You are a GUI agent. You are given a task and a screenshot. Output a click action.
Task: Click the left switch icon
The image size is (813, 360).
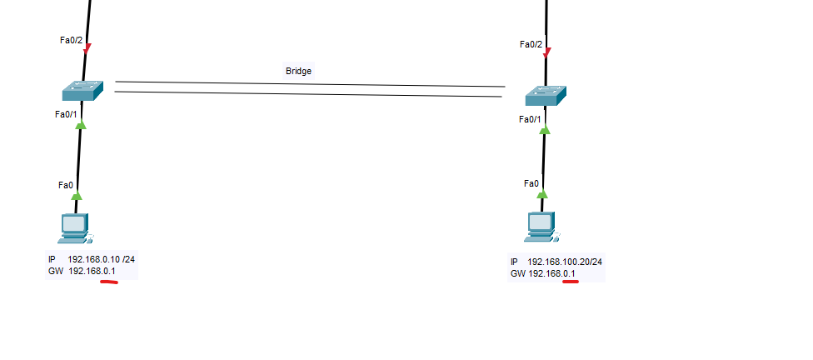coord(82,90)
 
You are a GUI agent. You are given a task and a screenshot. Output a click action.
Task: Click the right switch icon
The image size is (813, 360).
coord(546,96)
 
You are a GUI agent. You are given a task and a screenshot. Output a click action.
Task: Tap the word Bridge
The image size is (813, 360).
coord(298,72)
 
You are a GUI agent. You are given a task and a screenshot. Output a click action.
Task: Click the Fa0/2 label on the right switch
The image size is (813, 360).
coord(531,44)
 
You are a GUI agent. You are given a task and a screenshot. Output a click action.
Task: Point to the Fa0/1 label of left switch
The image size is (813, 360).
coord(67,114)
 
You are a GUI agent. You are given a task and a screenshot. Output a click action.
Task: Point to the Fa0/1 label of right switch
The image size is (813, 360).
coord(530,119)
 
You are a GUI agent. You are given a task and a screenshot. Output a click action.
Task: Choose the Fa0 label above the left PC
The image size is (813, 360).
coord(66,185)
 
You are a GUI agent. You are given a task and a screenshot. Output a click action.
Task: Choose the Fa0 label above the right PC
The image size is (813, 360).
coord(531,183)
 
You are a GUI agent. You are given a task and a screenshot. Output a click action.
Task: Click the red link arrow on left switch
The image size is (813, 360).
coord(87,47)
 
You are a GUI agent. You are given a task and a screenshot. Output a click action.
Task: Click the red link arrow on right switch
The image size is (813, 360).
coord(546,53)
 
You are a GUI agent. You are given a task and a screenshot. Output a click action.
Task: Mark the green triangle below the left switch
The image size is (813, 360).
coord(81,125)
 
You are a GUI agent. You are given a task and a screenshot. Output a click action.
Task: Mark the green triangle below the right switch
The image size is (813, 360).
coord(545,129)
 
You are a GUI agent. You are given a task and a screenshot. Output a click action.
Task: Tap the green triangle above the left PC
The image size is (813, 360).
coord(77,196)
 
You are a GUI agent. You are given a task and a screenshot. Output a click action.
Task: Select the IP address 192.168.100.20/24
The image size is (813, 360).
coord(565,262)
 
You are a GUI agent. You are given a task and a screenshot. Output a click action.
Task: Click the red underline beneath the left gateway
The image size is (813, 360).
coord(108,282)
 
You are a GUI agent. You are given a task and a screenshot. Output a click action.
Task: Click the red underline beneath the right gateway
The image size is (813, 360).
coord(571,282)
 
